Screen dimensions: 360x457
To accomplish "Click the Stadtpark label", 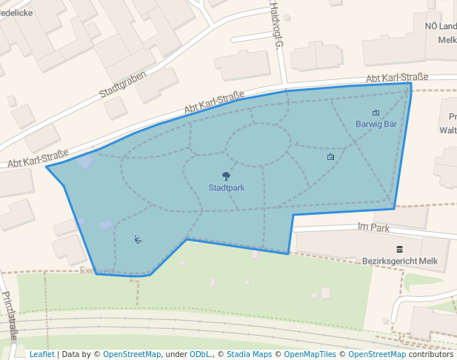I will point(226,188).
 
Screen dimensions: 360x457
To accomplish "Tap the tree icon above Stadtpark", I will point(226,176).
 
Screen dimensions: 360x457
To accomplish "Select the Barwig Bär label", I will point(376,124).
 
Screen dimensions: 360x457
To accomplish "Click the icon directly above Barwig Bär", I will point(376,113).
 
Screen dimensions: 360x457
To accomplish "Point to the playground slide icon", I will point(138,239).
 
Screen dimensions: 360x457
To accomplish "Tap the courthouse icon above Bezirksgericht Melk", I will point(399,249).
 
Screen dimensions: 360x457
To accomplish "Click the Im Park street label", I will point(373,228).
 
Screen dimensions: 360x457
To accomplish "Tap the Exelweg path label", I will point(96,271).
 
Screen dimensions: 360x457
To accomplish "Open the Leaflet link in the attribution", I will point(41,355).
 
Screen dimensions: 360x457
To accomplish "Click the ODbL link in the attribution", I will point(200,355).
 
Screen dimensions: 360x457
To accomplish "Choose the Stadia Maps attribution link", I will point(249,355).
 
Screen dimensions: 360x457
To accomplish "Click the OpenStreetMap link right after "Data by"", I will point(132,355).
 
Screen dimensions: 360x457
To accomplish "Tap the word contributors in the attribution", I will point(431,355).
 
